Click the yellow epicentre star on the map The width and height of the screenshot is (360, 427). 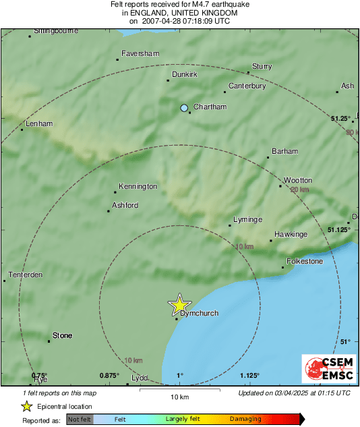179,305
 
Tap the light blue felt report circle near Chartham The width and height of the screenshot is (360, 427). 184,108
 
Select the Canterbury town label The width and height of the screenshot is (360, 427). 247,86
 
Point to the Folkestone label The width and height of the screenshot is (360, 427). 305,261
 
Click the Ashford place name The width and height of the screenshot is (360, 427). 125,205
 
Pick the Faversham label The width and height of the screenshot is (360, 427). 140,53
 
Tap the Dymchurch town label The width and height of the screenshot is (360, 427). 200,313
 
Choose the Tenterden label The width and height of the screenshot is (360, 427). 26,275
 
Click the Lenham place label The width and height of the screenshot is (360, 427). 38,124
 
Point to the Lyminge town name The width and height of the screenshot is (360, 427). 247,220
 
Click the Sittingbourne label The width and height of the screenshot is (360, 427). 56,31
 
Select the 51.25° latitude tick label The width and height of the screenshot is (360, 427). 341,118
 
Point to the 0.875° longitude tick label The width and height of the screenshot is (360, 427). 109,375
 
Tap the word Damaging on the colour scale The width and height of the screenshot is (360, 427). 245,420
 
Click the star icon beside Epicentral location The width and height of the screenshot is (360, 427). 26,406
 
